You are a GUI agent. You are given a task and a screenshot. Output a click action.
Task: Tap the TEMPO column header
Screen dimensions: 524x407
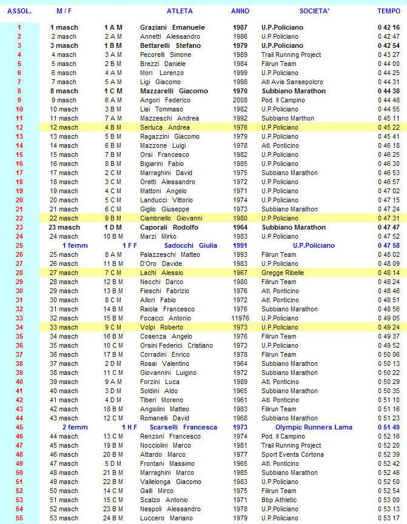(388, 12)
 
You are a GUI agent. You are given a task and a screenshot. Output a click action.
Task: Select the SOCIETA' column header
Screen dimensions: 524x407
(314, 12)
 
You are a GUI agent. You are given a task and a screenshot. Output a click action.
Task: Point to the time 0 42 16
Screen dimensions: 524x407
(388, 27)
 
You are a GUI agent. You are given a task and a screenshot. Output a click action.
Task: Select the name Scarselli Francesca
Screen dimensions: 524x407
(183, 427)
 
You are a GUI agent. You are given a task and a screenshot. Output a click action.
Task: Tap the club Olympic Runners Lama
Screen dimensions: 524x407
(314, 427)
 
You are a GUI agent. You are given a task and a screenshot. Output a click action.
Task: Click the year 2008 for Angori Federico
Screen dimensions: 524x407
(240, 100)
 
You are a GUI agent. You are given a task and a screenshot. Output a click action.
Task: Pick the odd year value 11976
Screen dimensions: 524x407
(240, 318)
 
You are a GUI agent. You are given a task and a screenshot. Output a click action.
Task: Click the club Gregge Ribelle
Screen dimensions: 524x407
(283, 273)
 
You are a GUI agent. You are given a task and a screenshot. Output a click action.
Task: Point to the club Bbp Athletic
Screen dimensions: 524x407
(280, 500)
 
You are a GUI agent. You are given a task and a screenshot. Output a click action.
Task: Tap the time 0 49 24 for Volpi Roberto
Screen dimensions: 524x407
(388, 327)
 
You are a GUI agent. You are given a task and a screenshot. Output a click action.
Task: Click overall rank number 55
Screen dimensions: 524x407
(19, 518)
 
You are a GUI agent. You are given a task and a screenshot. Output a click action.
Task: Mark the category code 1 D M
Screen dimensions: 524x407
(114, 227)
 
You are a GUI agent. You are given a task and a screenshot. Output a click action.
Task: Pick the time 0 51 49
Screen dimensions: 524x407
(388, 427)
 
